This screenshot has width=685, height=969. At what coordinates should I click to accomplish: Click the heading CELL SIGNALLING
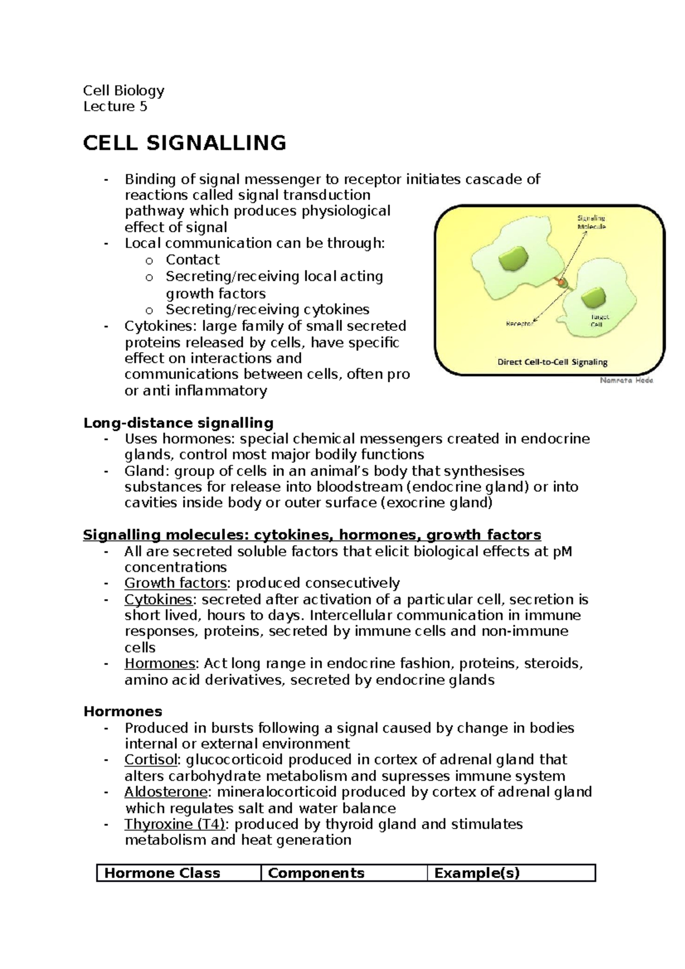[x=184, y=143]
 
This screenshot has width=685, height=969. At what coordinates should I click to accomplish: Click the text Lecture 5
[x=115, y=107]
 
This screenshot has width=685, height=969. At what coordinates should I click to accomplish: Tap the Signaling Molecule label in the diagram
[x=591, y=222]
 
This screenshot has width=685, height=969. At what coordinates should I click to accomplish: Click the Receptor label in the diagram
[x=519, y=324]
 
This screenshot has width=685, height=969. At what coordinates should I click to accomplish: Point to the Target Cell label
[x=600, y=320]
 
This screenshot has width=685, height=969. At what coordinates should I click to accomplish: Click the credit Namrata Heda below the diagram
[x=626, y=380]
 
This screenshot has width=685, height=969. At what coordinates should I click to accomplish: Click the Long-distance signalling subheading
[x=179, y=423]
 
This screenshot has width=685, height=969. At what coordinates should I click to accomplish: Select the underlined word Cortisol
[x=151, y=760]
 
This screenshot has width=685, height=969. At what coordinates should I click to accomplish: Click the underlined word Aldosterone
[x=166, y=792]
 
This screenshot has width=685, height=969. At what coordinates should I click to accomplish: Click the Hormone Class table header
[x=163, y=873]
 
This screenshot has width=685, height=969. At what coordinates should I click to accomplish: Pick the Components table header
[x=316, y=873]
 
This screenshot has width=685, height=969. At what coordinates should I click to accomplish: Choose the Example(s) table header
[x=477, y=873]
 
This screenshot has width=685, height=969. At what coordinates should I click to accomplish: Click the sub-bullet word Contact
[x=192, y=260]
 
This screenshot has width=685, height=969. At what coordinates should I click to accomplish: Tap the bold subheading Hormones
[x=123, y=712]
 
